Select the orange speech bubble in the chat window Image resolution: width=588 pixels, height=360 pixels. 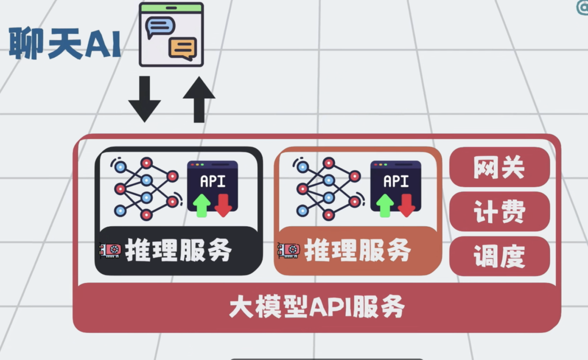[183, 49]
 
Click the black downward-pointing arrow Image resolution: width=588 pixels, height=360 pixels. [144, 99]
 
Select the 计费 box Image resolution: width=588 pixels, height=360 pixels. [499, 212]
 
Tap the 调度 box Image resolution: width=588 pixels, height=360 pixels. [499, 256]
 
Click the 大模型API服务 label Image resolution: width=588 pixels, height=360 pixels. [316, 307]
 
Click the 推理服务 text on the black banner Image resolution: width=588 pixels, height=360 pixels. [179, 250]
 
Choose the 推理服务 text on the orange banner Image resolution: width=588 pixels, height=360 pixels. [357, 250]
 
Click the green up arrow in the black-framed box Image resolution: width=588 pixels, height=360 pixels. [201, 205]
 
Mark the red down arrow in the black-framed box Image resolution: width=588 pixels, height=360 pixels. [223, 205]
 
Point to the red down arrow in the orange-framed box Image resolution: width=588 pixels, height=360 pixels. [406, 205]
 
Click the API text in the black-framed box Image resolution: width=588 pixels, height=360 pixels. [212, 181]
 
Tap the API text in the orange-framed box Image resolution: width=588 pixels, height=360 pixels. [396, 181]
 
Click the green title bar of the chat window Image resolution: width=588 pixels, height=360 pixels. [172, 7]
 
